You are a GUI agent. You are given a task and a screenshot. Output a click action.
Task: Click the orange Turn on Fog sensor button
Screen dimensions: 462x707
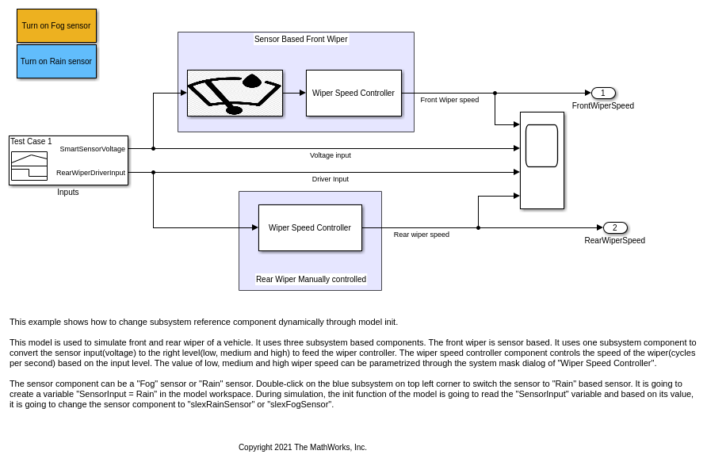pyautogui.click(x=56, y=25)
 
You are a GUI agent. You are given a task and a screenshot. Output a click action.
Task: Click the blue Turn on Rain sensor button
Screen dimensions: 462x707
pyautogui.click(x=56, y=61)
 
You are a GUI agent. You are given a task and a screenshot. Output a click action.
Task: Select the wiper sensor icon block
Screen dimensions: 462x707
pyautogui.click(x=235, y=93)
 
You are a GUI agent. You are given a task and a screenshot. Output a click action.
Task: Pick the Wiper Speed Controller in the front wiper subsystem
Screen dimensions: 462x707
pyautogui.click(x=353, y=93)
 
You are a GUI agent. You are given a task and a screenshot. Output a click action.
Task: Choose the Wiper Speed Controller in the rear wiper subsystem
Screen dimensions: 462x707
pyautogui.click(x=310, y=227)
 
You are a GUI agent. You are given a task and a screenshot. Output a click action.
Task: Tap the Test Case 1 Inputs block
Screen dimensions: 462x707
pyautogui.click(x=68, y=160)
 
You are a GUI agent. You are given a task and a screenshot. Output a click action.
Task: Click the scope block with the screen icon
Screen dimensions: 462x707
pyautogui.click(x=542, y=160)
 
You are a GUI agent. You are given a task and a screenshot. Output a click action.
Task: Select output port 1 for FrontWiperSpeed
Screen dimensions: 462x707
pyautogui.click(x=603, y=93)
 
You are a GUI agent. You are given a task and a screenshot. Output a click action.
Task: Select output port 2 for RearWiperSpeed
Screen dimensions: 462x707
pyautogui.click(x=615, y=227)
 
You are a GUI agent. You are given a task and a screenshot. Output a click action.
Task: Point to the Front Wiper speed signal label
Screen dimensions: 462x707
pyautogui.click(x=449, y=100)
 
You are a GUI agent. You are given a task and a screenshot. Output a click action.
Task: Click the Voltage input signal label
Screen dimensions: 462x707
pyautogui.click(x=330, y=155)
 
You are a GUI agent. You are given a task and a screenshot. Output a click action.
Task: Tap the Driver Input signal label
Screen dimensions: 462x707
pyautogui.click(x=330, y=179)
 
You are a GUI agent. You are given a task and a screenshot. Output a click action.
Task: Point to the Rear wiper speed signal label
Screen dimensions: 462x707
pyautogui.click(x=422, y=235)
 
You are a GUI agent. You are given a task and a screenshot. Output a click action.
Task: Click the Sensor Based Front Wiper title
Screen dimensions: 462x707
pyautogui.click(x=300, y=39)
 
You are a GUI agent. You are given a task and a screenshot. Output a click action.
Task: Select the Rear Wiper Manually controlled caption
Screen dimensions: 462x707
pyautogui.click(x=311, y=279)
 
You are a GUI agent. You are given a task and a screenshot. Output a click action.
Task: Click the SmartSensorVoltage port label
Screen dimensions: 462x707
pyautogui.click(x=92, y=149)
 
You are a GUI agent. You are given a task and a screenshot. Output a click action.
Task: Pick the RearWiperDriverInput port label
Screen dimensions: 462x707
pyautogui.click(x=90, y=173)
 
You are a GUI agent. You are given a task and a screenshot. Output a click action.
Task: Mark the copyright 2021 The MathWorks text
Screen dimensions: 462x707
pyautogui.click(x=303, y=447)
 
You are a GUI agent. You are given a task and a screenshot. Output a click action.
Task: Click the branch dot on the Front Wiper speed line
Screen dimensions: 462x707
pyautogui.click(x=495, y=93)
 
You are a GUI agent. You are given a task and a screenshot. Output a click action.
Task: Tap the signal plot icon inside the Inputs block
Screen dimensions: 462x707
pyautogui.click(x=29, y=166)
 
